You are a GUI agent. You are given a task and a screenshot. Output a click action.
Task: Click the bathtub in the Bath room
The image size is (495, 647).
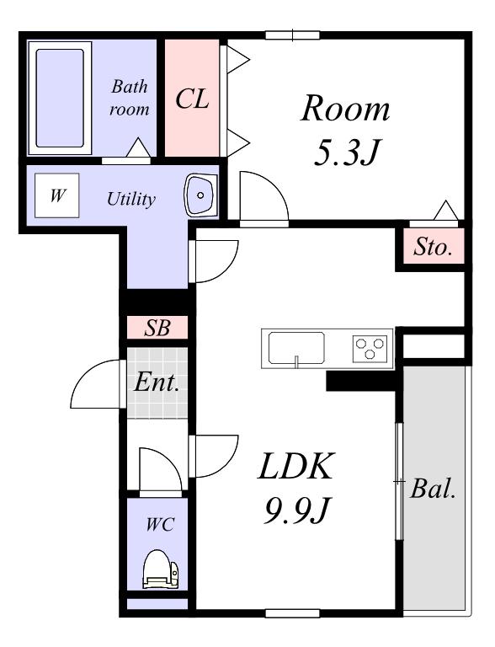coord(60,99)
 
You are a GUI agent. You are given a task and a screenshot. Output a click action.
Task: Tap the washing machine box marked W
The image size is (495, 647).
coord(57,195)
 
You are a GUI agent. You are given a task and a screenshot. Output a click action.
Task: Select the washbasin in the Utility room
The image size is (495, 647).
coord(200,195)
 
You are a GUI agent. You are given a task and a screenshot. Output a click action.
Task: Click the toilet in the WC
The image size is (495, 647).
coord(161,569)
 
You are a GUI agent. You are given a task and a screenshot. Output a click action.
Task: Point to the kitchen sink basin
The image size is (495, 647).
coord(296,348)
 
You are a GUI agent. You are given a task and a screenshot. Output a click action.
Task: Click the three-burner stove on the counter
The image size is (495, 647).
coord(370,349)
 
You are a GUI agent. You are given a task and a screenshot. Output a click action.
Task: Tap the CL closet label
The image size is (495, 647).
coord(192,99)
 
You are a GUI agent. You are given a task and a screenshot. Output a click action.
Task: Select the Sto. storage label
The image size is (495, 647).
coord(433,247)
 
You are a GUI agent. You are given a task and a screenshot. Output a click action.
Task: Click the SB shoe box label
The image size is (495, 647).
coord(157,328)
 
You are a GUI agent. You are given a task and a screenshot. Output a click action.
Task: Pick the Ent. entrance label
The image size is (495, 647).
coord(157,382)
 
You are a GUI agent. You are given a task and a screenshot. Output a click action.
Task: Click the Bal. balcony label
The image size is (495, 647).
coord(433,489)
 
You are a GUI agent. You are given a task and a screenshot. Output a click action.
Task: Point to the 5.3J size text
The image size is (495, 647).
coord(346,152)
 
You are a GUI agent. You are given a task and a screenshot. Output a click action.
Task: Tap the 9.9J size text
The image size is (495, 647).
coord(296,511)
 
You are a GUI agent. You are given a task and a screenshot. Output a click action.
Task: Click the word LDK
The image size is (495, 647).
coord(295,466)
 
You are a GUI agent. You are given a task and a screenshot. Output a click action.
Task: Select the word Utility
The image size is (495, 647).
coord(131,200)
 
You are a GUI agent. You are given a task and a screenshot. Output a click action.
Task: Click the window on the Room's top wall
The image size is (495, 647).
coord(292,35)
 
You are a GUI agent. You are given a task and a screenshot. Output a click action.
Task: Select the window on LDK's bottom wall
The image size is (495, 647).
coord(292,613)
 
